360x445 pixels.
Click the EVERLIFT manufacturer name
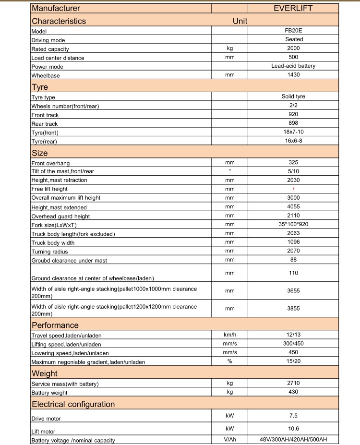[x=293, y=8]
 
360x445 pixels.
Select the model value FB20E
[x=293, y=30]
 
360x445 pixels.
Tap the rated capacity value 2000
[x=293, y=48]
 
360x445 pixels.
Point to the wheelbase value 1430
[x=293, y=75]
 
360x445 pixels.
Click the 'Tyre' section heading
[x=40, y=87]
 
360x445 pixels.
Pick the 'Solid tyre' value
[x=293, y=96]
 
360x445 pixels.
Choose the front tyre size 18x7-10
[x=293, y=132]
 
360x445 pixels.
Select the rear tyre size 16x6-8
[x=293, y=141]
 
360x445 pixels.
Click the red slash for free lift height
[x=293, y=189]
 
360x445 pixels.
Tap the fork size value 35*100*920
[x=293, y=224]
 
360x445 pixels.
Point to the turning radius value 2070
[x=293, y=251]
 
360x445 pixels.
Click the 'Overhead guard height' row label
[x=60, y=216]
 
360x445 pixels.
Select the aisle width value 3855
[x=293, y=309]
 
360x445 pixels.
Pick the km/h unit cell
[x=229, y=334]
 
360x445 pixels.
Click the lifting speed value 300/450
[x=293, y=343]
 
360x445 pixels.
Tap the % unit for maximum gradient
[x=229, y=361]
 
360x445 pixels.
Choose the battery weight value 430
[x=293, y=392]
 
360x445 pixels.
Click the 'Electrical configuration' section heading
[x=73, y=404]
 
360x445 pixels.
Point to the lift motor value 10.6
[x=293, y=428]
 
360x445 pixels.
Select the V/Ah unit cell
[x=229, y=440]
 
